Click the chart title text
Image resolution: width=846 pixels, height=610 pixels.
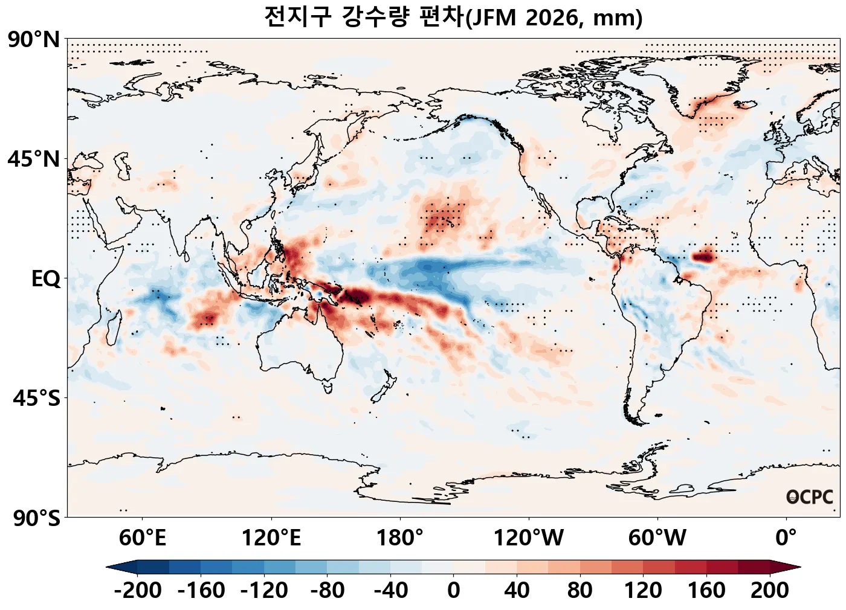click(453, 17)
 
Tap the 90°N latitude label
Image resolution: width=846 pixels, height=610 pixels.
click(34, 40)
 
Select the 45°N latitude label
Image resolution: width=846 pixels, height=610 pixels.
click(34, 159)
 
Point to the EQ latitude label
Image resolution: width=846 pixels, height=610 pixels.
click(46, 279)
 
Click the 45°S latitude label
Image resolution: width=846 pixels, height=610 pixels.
click(36, 399)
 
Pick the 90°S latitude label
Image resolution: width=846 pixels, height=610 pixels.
click(36, 518)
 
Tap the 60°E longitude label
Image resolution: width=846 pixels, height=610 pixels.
click(142, 537)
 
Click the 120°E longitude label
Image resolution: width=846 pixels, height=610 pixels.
click(271, 537)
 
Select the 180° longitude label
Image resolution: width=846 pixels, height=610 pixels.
click(399, 537)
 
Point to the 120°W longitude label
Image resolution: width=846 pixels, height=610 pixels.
click(529, 537)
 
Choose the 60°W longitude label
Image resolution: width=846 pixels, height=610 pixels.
click(657, 537)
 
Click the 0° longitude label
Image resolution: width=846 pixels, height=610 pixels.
click(786, 537)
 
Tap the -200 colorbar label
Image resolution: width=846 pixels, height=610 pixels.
click(138, 590)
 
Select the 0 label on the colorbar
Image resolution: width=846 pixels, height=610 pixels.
click(454, 590)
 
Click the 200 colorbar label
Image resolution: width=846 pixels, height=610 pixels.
click(769, 590)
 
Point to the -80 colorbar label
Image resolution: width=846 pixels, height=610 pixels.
click(328, 590)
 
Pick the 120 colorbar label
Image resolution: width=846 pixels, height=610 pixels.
click(643, 590)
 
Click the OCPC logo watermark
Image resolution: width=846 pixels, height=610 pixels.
click(810, 497)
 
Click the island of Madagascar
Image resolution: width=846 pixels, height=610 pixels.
click(113, 326)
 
